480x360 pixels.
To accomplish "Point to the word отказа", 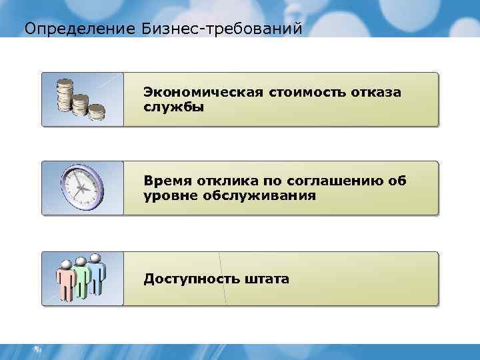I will click(x=377, y=92).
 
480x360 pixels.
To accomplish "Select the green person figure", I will click(x=81, y=277).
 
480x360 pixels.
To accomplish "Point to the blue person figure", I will click(x=97, y=273).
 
